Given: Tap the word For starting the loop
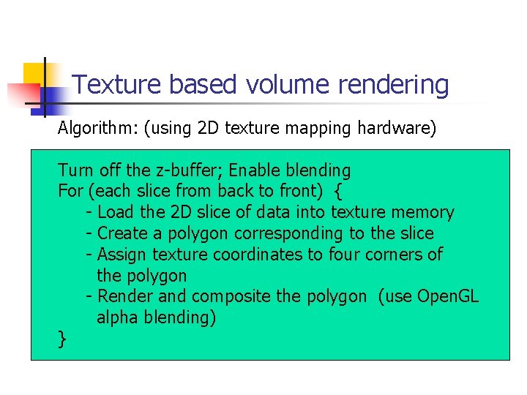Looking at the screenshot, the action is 70,192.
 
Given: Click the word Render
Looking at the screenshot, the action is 124,296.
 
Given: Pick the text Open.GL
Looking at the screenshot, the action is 447,296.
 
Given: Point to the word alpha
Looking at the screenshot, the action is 118,317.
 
